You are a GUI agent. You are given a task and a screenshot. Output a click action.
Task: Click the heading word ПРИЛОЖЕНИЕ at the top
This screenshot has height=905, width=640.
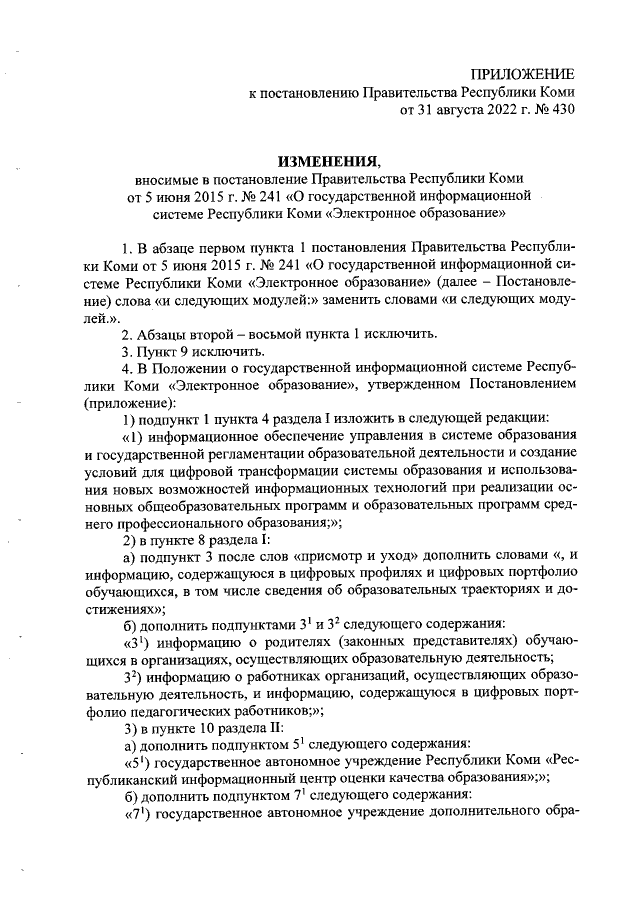click(x=524, y=75)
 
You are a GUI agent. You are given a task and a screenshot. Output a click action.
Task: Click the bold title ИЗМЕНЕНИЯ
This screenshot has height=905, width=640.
click(x=330, y=160)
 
